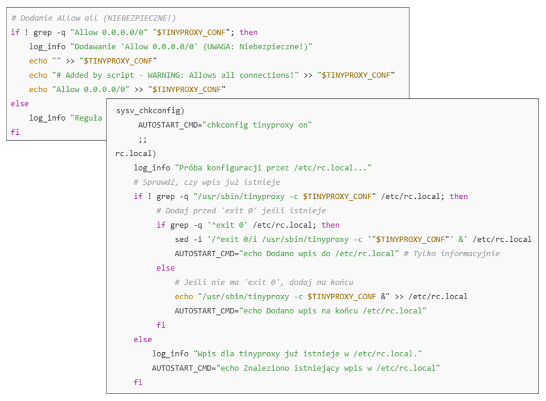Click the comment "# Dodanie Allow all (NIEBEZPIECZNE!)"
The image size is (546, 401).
[x=94, y=18]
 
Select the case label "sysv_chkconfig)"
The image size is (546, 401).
[x=150, y=111]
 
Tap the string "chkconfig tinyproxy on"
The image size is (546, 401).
[x=257, y=125]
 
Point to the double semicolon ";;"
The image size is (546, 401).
[x=142, y=139]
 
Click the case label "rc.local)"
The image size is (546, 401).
[x=135, y=153]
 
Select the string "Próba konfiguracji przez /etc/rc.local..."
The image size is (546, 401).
[x=273, y=168]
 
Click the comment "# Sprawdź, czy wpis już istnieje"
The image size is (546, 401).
[x=207, y=182]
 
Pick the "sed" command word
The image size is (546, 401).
[x=182, y=239]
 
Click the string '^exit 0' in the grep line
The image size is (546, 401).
[x=227, y=225]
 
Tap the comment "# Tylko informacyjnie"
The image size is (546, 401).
[x=452, y=253]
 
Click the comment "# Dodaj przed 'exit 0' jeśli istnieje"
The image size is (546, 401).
[x=241, y=211]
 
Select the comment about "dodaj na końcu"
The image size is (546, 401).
[x=264, y=282]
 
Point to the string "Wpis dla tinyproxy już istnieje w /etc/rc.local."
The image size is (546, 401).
[x=307, y=354]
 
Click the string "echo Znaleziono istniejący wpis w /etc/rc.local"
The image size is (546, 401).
[x=328, y=368]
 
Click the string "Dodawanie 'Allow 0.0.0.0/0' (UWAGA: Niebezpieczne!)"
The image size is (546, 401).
[x=191, y=46]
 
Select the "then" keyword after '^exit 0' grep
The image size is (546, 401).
[x=331, y=225]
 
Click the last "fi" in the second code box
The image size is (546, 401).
[x=138, y=382]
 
